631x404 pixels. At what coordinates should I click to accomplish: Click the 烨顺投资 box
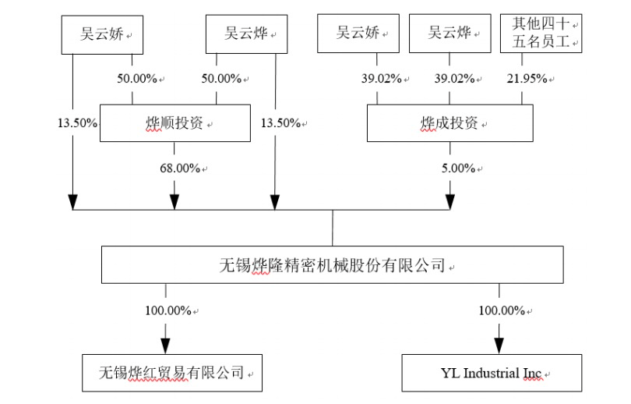pyautogui.click(x=174, y=123)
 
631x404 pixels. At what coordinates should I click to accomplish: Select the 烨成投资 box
pyautogui.click(x=450, y=123)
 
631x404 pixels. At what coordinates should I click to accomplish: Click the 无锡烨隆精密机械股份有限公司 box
pyautogui.click(x=332, y=265)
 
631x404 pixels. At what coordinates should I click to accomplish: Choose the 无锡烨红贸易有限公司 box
pyautogui.click(x=171, y=373)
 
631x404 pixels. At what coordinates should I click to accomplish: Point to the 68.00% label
pyautogui.click(x=178, y=168)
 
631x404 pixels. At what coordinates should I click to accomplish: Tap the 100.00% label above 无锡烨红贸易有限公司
pyautogui.click(x=167, y=310)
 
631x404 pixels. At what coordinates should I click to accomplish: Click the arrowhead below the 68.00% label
pyautogui.click(x=174, y=202)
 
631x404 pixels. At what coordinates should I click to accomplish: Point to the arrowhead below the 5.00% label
pyautogui.click(x=450, y=202)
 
